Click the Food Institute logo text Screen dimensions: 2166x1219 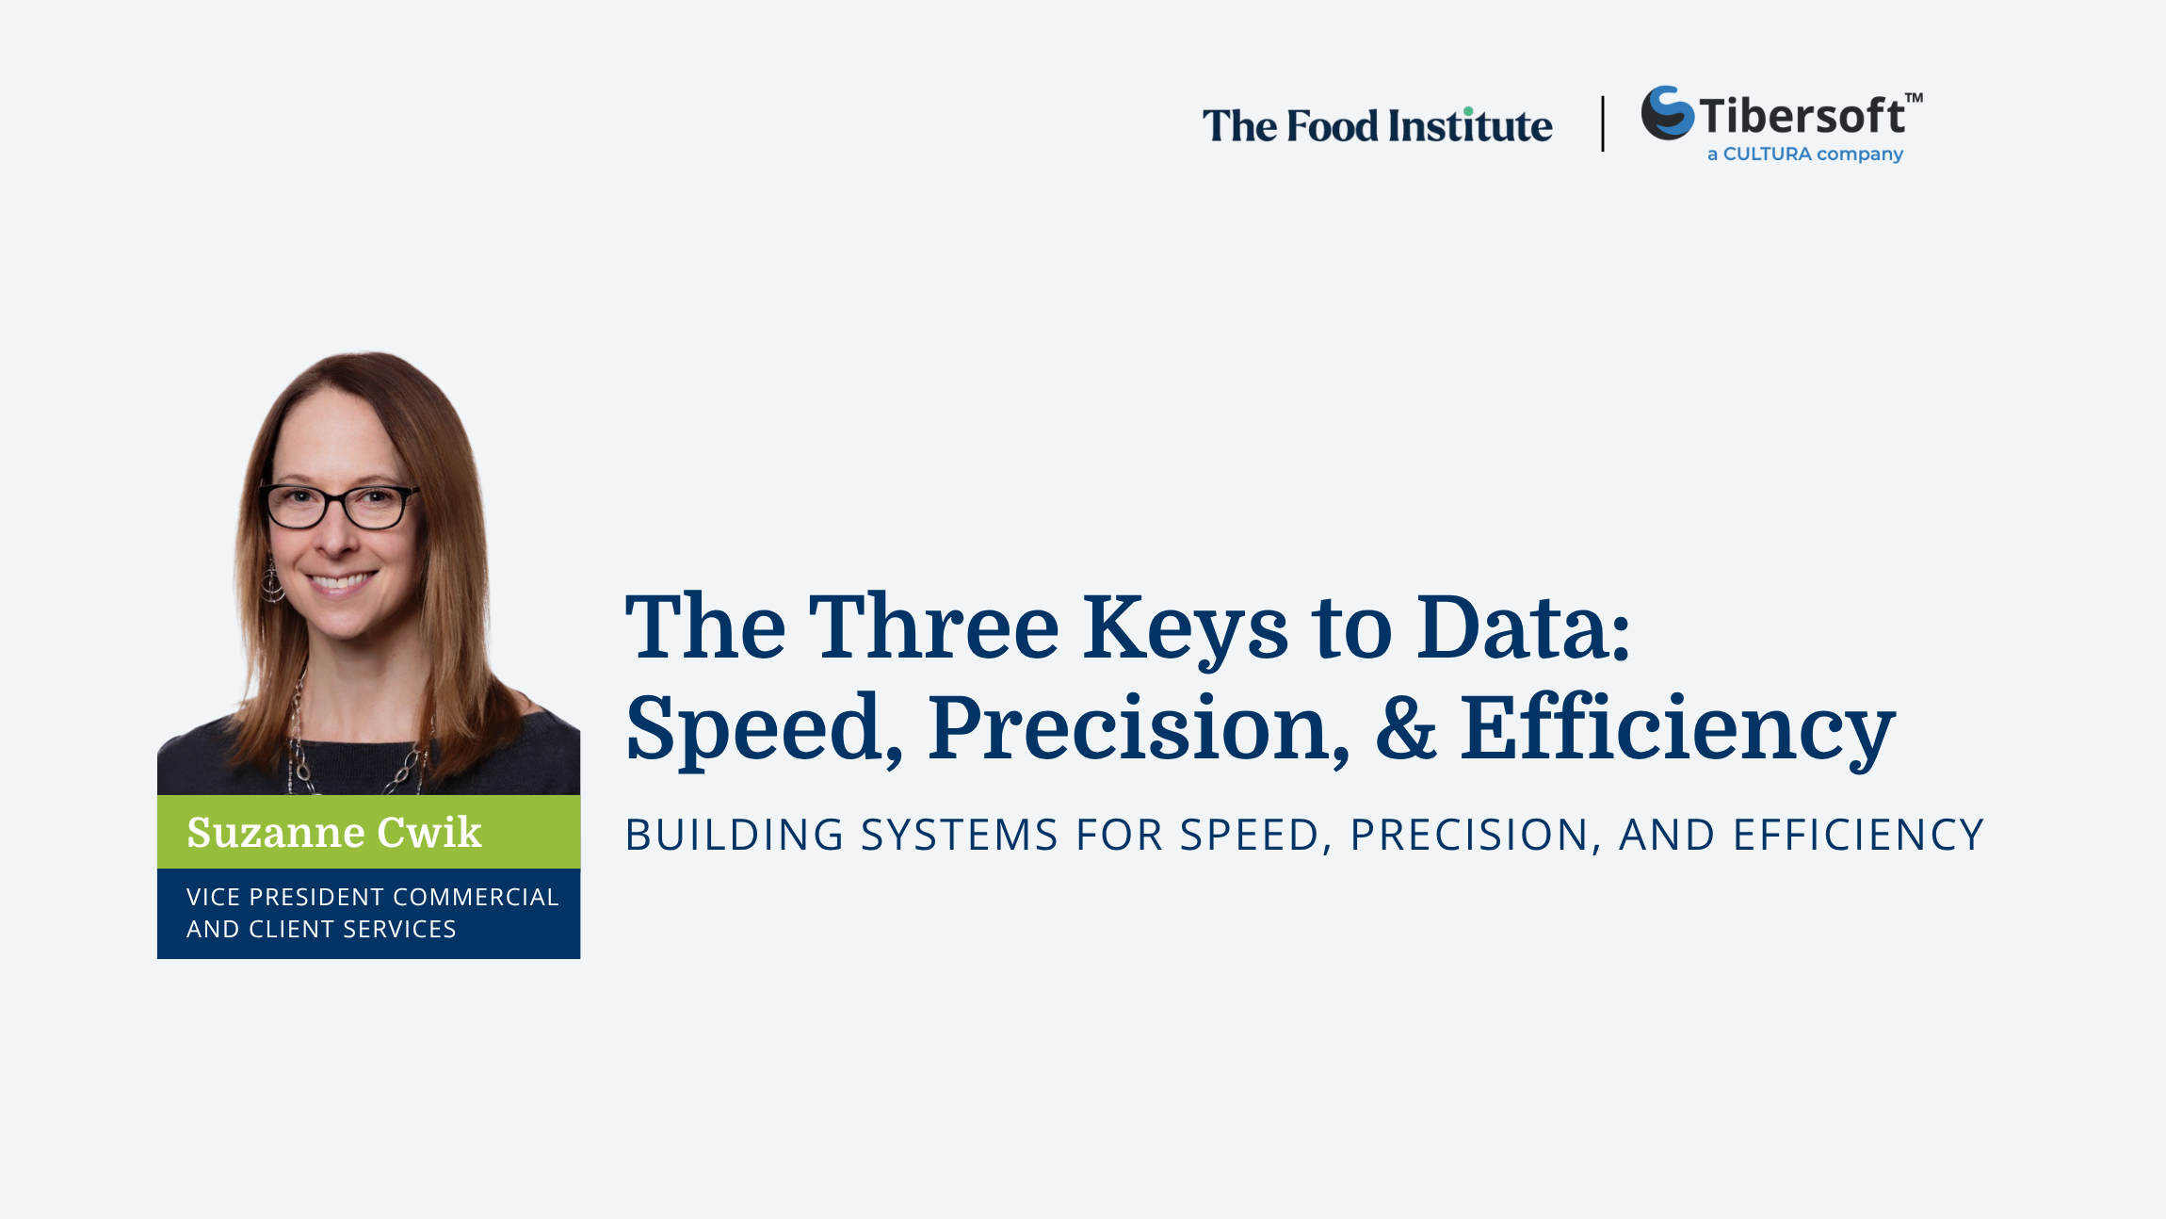coord(1377,126)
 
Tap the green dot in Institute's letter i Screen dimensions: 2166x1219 coord(1468,111)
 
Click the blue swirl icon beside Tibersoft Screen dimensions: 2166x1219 coord(1668,113)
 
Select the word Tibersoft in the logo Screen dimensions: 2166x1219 coord(1802,117)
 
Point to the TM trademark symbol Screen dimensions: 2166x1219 coord(1914,97)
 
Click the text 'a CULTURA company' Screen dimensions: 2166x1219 coord(1805,154)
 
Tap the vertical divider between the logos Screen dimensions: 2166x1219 coord(1603,123)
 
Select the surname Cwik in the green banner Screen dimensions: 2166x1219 coord(429,832)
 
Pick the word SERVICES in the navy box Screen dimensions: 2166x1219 coord(399,929)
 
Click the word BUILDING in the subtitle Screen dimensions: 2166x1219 coord(735,835)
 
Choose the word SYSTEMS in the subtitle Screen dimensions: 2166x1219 coord(960,835)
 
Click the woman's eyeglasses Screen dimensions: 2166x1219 coord(337,506)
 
